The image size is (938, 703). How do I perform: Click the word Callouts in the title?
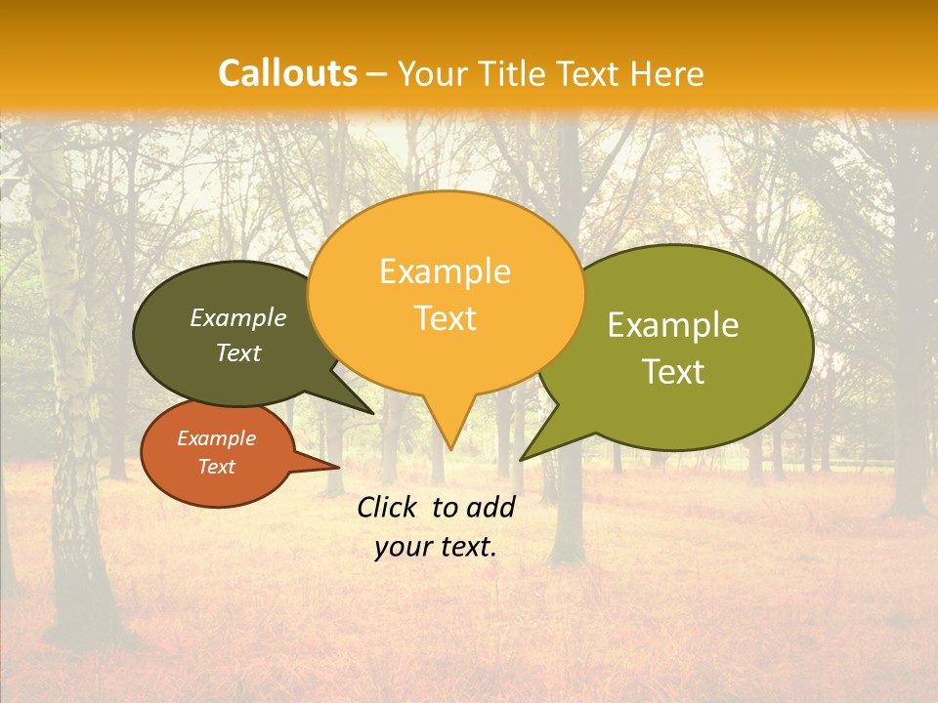287,73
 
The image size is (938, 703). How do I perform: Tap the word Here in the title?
667,73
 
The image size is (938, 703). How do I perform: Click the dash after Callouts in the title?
378,74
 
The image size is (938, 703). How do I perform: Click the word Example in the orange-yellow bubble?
445,271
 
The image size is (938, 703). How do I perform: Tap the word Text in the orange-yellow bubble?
445,318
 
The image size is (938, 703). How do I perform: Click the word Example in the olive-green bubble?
673,325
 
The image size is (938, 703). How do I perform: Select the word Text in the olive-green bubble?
673,372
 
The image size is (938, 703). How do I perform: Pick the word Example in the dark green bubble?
238,317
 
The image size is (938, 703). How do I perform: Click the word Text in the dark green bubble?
238,352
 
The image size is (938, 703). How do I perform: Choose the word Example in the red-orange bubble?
216,438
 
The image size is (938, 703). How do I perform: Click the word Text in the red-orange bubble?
216,467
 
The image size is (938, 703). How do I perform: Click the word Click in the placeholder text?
388,507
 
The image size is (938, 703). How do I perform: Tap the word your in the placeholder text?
402,547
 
